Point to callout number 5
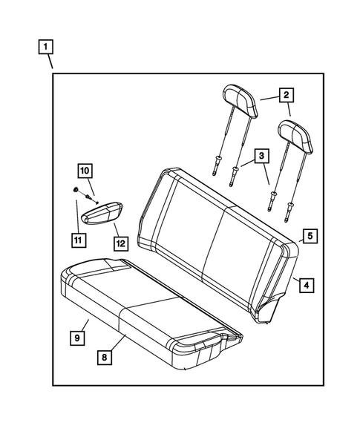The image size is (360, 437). click(310, 236)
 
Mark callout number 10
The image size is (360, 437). click(84, 169)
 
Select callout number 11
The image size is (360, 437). click(77, 239)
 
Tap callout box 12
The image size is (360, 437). click(120, 242)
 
